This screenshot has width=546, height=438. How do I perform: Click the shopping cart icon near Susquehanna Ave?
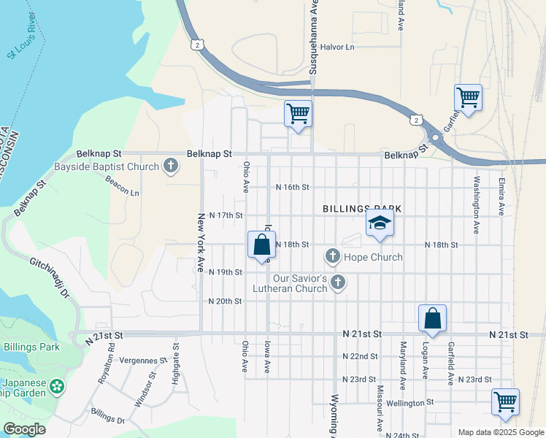tap(298, 114)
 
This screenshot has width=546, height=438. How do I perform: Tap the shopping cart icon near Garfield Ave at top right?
tap(468, 96)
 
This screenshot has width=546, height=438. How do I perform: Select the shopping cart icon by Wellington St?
tap(505, 401)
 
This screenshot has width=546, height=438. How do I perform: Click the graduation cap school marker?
tap(380, 223)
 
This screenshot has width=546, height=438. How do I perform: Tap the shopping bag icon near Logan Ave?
tap(432, 318)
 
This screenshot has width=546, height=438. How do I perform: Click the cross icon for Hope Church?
tap(333, 256)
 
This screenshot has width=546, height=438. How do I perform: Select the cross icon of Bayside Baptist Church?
tap(170, 166)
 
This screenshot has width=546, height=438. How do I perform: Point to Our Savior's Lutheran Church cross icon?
tap(337, 283)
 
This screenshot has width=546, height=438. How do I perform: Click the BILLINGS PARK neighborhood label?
tap(363, 209)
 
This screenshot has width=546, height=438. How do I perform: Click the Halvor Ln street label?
tap(337, 47)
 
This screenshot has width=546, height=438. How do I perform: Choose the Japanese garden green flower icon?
tap(56, 386)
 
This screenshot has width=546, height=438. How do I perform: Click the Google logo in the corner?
tap(24, 429)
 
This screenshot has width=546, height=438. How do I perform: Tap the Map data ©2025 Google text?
tap(500, 432)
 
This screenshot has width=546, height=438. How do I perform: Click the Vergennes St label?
tap(145, 360)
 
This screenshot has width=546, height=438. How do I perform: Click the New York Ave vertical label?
tap(200, 242)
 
